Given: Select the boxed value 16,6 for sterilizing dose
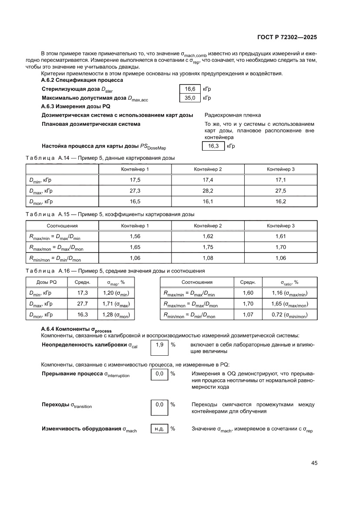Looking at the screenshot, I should click(190, 89).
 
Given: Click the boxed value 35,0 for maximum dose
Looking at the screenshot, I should click(190, 98).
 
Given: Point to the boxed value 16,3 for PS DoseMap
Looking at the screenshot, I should click(213, 146).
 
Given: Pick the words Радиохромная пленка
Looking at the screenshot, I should click(232, 115).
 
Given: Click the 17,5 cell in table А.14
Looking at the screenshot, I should click(135, 180).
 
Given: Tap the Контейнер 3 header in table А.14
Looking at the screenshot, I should click(281, 169).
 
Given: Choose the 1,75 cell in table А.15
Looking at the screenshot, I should click(208, 247).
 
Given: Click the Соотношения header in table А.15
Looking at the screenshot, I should click(62, 226).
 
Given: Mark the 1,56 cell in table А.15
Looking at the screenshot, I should click(135, 236).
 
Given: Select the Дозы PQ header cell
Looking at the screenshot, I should click(47, 282).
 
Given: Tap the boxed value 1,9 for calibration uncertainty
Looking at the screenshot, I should click(159, 344).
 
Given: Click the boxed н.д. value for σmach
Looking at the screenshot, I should click(159, 429).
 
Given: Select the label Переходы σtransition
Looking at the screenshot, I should click(67, 405).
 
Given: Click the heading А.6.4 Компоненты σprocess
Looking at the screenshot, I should click(77, 330).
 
